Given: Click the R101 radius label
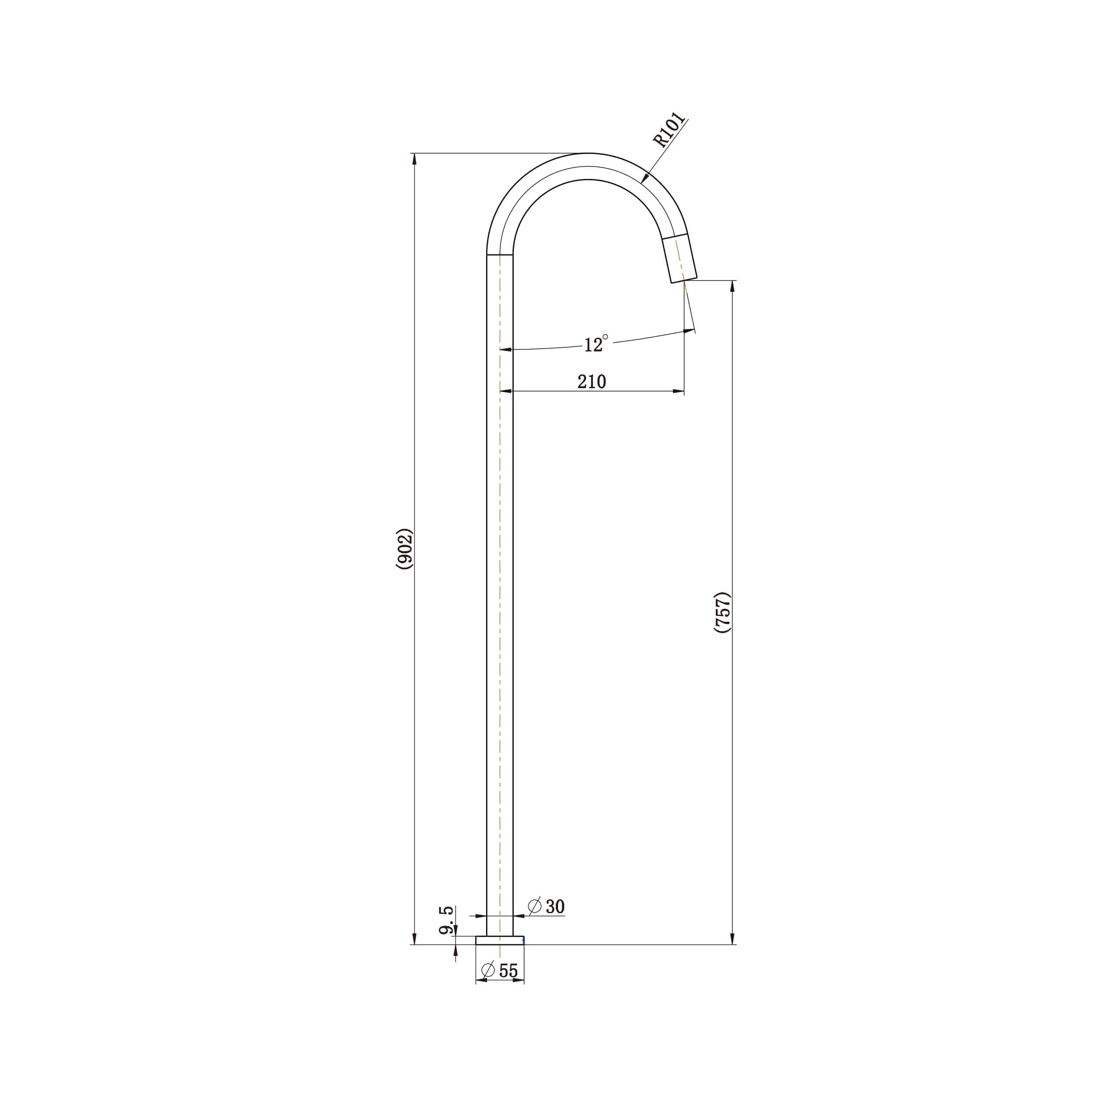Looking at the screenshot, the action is [x=669, y=131].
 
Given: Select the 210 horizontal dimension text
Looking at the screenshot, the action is [x=592, y=382].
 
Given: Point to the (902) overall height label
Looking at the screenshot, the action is [x=405, y=548].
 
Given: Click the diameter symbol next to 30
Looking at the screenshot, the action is [x=534, y=905].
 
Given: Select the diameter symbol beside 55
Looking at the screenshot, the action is [x=488, y=970].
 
